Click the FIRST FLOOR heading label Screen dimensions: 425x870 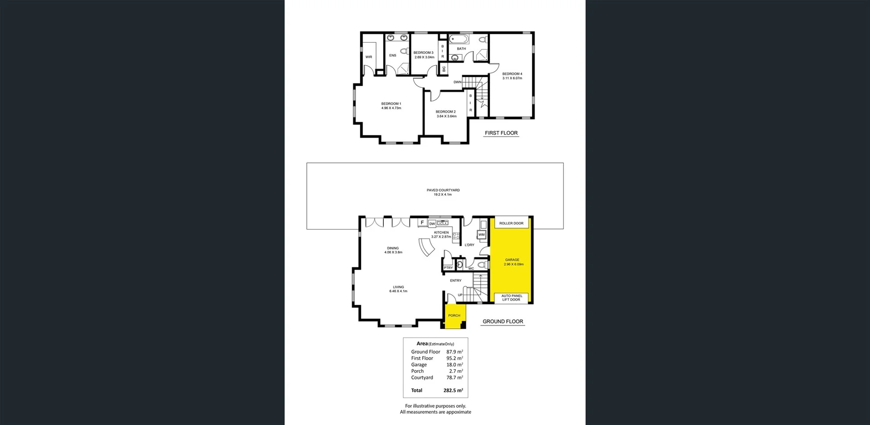tap(501, 133)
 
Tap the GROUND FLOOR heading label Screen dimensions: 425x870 tap(503, 322)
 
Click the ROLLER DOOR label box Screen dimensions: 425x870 tap(511, 223)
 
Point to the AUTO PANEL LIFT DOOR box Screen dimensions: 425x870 tap(511, 298)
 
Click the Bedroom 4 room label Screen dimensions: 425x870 tap(512, 74)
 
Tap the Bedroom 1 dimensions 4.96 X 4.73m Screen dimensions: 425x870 tap(391, 108)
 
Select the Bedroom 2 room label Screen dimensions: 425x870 tap(445, 112)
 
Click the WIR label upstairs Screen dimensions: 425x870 tap(368, 57)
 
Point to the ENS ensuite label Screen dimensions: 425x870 tap(392, 56)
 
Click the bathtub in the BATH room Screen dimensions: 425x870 tap(459, 39)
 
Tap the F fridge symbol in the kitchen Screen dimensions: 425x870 tap(422, 223)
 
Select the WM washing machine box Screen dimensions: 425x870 tap(481, 234)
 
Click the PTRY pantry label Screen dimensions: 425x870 tap(448, 268)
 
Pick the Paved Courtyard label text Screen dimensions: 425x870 tap(443, 191)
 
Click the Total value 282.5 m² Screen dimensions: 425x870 tap(453, 391)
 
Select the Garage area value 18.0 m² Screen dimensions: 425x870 tap(454, 365)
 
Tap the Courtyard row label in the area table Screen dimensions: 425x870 tap(422, 377)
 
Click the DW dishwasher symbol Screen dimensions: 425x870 tap(432, 224)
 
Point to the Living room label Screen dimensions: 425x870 tap(398, 287)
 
